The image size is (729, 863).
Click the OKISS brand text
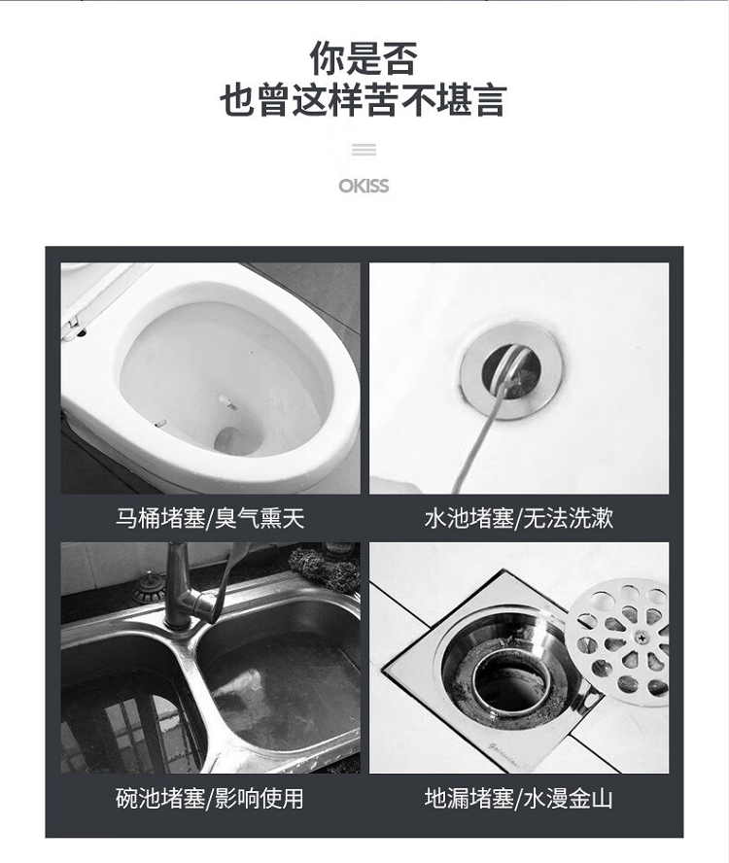[x=364, y=186]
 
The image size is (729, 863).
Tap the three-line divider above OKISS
[x=364, y=150]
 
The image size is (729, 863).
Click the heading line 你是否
[x=364, y=58]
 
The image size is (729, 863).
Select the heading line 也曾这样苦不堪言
[x=364, y=100]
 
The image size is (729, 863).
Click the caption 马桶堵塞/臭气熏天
[x=210, y=518]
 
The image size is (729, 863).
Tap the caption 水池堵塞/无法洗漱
[x=519, y=518]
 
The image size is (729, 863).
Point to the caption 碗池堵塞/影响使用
[x=210, y=799]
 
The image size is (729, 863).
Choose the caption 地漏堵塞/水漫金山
[x=519, y=799]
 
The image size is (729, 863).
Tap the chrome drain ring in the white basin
[x=512, y=371]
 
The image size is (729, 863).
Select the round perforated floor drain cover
[x=618, y=641]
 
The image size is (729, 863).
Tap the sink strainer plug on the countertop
[x=150, y=588]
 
